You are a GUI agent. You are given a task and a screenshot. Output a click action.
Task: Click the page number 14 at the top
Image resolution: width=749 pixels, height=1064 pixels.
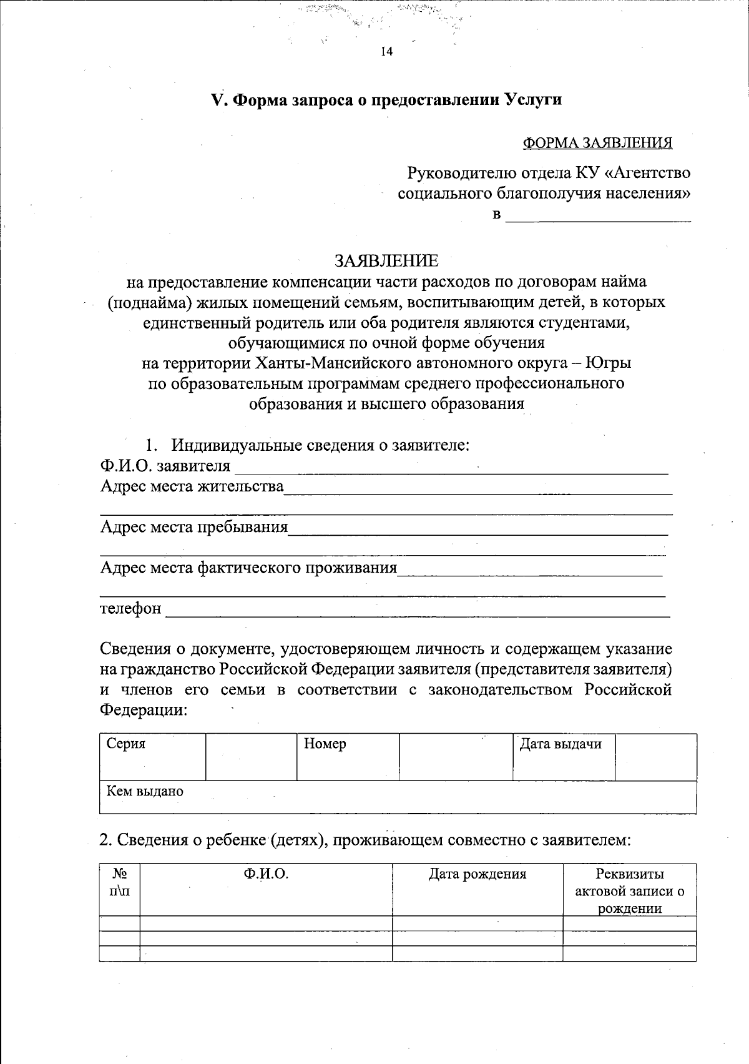point(386,52)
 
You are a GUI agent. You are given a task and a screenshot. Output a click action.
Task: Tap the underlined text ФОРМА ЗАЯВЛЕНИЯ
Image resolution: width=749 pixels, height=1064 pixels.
point(597,143)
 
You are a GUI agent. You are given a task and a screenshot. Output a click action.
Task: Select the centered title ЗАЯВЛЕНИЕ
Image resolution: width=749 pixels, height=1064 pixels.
point(386,260)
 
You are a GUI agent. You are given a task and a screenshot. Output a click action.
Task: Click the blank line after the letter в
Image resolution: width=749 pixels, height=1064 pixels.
point(598,217)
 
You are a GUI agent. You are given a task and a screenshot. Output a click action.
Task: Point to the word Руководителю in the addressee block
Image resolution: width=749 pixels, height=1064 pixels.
point(461,172)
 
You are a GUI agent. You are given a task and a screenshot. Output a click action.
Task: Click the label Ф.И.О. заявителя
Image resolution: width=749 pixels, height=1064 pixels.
point(165,466)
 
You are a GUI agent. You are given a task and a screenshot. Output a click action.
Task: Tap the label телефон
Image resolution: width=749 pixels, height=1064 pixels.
point(131,608)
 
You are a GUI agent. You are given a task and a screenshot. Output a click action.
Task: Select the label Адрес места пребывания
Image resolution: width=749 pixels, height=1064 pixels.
point(194,526)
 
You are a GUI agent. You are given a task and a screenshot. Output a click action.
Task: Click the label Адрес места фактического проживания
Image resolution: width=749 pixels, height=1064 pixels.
point(248,567)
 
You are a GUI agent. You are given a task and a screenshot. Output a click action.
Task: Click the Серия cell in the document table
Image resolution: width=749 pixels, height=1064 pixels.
point(152,756)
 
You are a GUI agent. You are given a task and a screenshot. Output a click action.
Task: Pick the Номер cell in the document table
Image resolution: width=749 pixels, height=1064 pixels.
point(348,756)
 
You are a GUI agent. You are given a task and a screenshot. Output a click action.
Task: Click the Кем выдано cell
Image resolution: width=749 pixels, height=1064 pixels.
point(398,797)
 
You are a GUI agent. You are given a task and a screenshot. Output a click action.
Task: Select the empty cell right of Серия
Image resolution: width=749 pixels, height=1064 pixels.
point(251,756)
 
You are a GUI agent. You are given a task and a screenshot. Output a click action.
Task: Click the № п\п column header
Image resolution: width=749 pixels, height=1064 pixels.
point(119,882)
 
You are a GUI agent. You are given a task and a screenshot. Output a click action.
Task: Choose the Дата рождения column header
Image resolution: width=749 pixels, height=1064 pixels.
point(477,874)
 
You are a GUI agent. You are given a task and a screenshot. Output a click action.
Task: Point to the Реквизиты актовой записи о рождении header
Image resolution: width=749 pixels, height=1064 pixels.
point(629,890)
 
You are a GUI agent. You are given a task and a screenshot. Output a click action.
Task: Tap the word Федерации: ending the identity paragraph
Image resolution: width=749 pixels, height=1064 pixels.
point(144,710)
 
